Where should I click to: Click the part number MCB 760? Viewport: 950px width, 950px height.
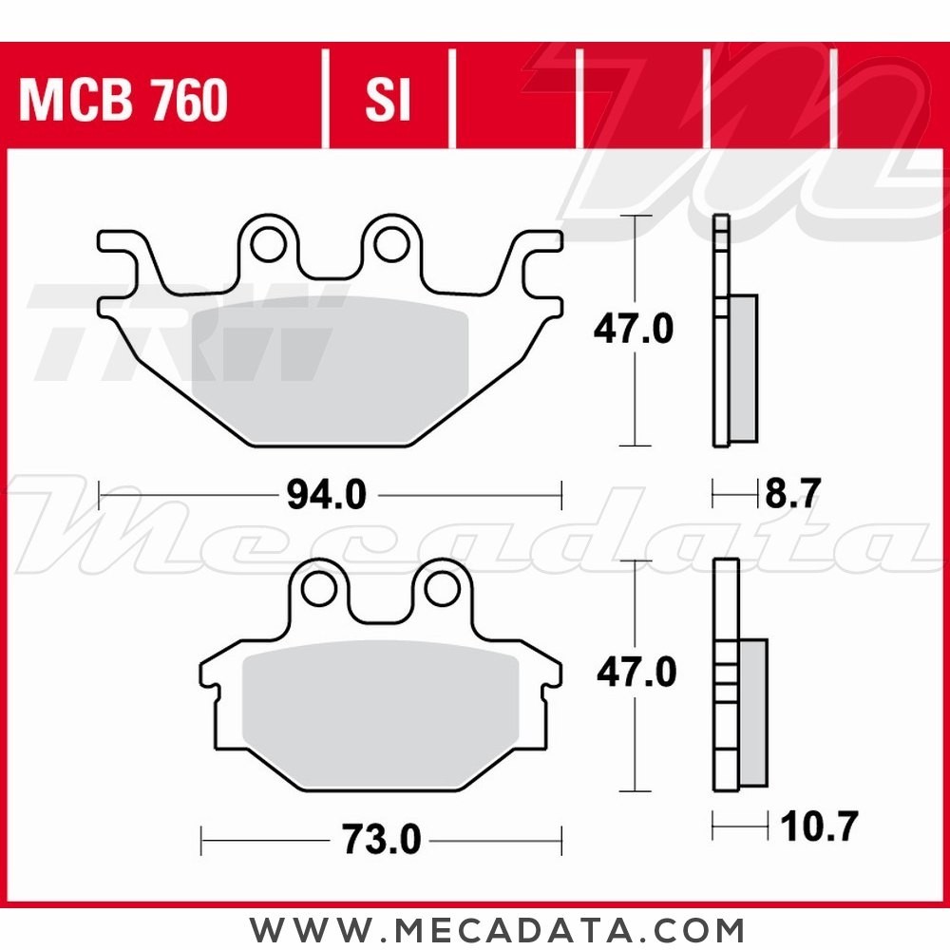(x=123, y=100)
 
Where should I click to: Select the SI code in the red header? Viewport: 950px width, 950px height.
(x=388, y=100)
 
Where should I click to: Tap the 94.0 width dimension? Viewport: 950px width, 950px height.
(x=326, y=495)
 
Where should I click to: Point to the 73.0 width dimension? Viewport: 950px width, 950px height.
(x=381, y=839)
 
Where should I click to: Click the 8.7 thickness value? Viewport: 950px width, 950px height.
(x=792, y=493)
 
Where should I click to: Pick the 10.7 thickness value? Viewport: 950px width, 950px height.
(x=819, y=826)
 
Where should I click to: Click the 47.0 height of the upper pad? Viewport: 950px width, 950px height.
(x=633, y=330)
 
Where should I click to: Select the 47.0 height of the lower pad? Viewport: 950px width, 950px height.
(x=636, y=673)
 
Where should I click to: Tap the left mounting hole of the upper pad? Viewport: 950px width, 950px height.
(x=269, y=245)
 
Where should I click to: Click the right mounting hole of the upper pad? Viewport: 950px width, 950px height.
(x=391, y=245)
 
